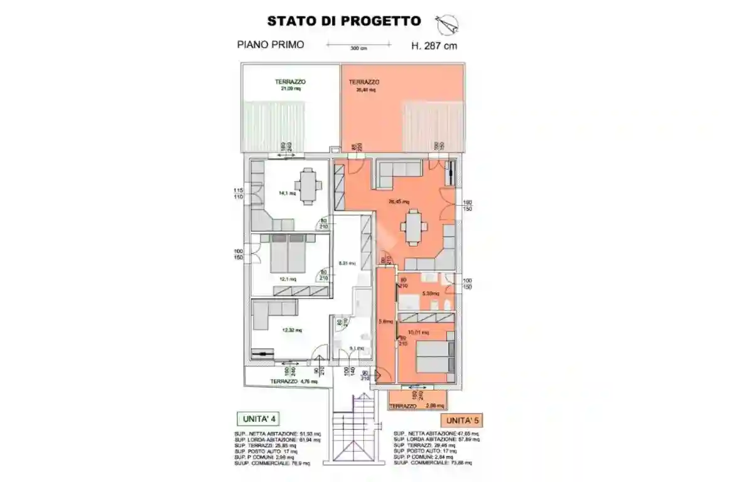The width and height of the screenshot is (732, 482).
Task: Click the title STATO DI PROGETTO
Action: (x=343, y=21)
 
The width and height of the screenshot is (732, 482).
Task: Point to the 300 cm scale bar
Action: (x=358, y=45)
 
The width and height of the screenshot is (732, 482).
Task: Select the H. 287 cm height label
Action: (x=434, y=45)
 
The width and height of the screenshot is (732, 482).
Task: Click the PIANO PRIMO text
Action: (x=271, y=45)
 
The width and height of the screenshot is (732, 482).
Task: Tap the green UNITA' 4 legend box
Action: (x=259, y=419)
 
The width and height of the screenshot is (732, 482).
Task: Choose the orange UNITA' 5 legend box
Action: (x=465, y=420)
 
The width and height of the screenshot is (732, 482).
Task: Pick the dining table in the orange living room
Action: (x=414, y=228)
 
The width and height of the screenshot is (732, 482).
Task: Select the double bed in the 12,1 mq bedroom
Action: (x=289, y=256)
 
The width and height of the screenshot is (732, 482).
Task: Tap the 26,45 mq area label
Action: (x=399, y=202)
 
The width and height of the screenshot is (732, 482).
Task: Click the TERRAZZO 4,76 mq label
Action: (x=294, y=381)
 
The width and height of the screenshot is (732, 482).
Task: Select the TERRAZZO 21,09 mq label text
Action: (x=290, y=85)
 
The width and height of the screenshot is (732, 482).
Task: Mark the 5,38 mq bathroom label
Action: (x=430, y=293)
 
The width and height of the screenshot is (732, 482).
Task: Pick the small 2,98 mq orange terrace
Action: (x=418, y=400)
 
